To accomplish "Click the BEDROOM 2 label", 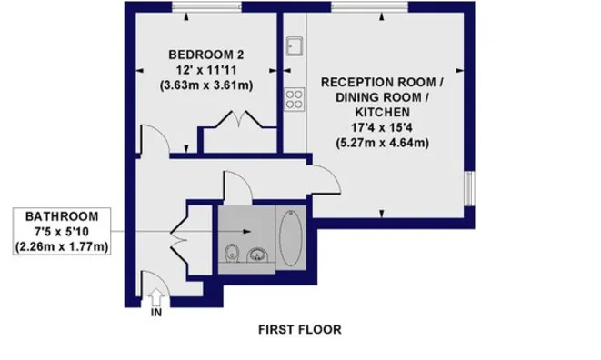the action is tap(206, 55).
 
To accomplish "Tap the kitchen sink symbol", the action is tap(295, 46).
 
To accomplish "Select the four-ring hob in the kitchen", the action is tap(295, 99).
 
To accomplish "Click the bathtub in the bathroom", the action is tap(291, 237).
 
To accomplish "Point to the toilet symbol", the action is tap(232, 254).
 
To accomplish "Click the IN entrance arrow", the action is tap(156, 297).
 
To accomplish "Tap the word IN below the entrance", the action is tap(156, 313).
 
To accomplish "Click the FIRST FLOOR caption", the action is tap(300, 330).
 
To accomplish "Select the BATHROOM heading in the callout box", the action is tap(62, 216).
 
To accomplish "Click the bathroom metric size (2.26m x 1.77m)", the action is tap(62, 246).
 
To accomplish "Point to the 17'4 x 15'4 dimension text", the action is tap(382, 127).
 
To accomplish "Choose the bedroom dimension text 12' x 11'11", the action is tap(206, 70).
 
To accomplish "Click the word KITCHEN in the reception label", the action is tap(382, 113).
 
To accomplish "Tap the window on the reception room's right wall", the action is tap(469, 188).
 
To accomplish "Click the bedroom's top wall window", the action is tap(206, 6).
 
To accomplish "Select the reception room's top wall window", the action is tap(369, 6).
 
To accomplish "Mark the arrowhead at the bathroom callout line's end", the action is tap(247, 232).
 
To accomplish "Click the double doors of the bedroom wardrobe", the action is tap(239, 119).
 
